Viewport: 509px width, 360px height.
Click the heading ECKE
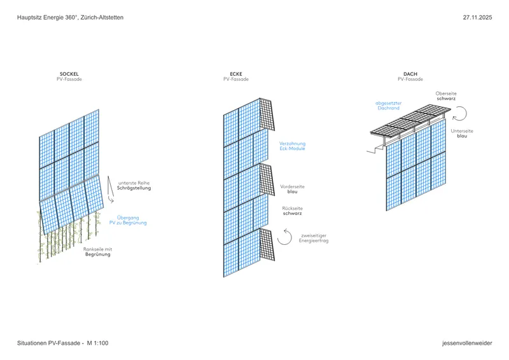236,74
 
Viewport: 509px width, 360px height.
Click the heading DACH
410,74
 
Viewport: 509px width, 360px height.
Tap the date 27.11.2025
477,17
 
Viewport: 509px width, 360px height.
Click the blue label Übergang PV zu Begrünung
132,219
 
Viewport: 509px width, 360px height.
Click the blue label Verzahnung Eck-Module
293,146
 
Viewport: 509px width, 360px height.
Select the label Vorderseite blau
293,189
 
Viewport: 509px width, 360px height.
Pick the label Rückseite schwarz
293,211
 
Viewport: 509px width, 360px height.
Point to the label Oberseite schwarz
446,97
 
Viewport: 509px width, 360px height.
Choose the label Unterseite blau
462,134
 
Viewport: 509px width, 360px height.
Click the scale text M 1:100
98,343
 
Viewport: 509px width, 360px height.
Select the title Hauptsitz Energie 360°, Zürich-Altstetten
70,17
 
